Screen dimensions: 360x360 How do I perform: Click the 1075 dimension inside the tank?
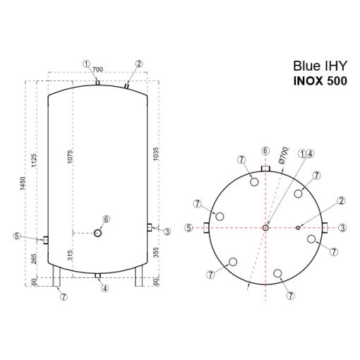[x=71, y=158]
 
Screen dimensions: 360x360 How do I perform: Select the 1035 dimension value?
[x=155, y=155]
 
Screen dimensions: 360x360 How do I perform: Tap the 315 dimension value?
[x=71, y=256]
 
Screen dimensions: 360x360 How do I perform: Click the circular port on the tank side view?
[x=97, y=232]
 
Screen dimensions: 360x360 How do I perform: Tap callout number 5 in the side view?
[x=17, y=236]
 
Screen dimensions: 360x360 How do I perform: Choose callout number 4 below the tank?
[x=104, y=288]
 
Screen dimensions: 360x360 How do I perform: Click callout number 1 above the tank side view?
[x=86, y=64]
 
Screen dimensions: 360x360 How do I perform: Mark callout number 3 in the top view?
[x=342, y=227]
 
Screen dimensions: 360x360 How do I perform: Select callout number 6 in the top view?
[x=265, y=150]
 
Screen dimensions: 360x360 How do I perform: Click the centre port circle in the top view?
[x=265, y=227]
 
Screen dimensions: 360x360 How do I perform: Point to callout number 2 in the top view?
[x=342, y=200]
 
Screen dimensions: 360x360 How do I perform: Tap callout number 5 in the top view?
[x=188, y=227]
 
